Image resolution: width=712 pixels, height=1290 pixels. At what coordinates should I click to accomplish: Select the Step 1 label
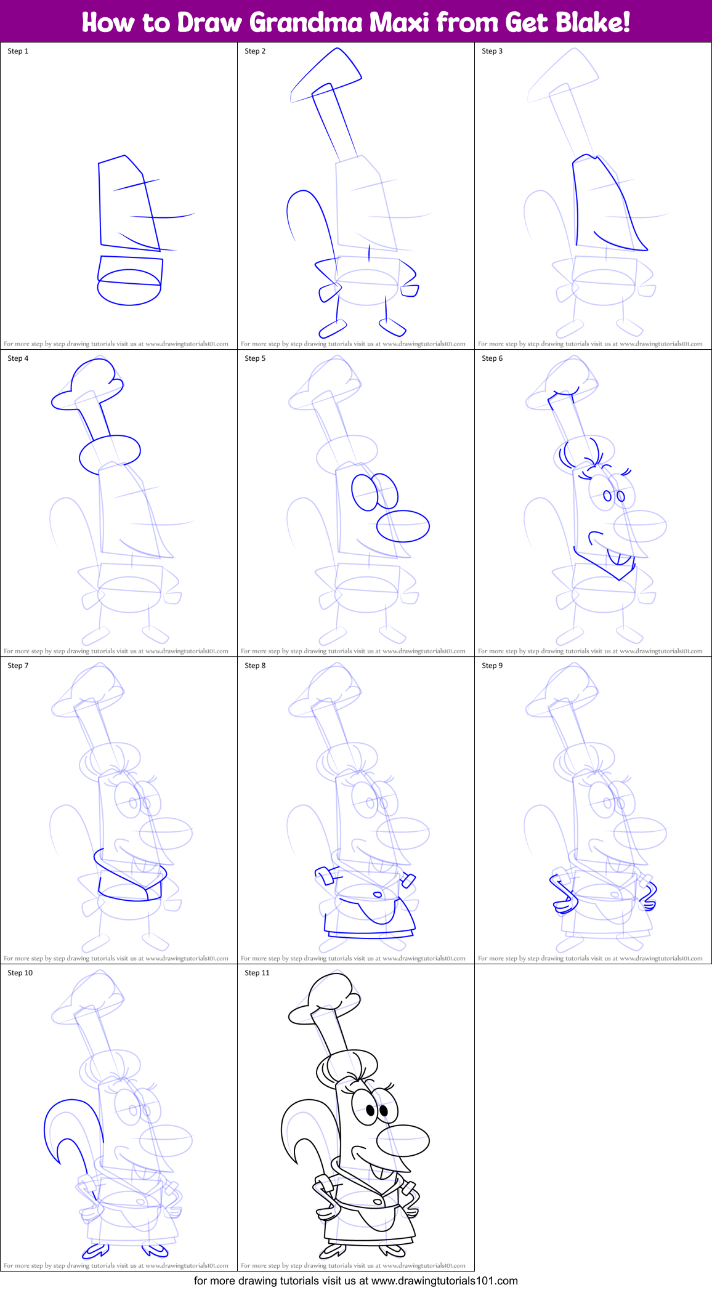pos(18,51)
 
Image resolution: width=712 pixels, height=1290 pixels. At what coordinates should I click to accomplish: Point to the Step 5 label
pos(255,358)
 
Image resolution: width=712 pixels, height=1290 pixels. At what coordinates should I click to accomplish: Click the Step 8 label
pos(255,666)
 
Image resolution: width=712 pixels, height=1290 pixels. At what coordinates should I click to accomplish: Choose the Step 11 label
pos(257,973)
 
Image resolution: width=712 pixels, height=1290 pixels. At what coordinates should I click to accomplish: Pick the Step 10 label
pos(20,973)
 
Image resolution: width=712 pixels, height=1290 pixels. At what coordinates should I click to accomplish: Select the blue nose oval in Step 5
pos(403,526)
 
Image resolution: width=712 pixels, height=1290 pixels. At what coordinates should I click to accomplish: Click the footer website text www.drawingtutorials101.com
pos(444,1281)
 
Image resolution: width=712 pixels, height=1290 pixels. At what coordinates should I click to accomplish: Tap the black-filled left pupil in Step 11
pos(371,1110)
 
